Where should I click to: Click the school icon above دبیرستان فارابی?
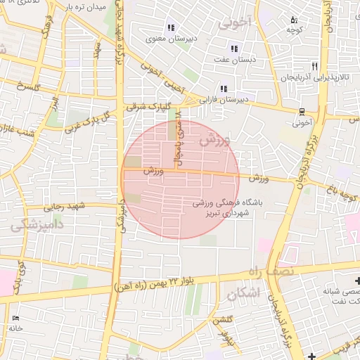(223, 89)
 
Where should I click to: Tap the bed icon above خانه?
(15, 319)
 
